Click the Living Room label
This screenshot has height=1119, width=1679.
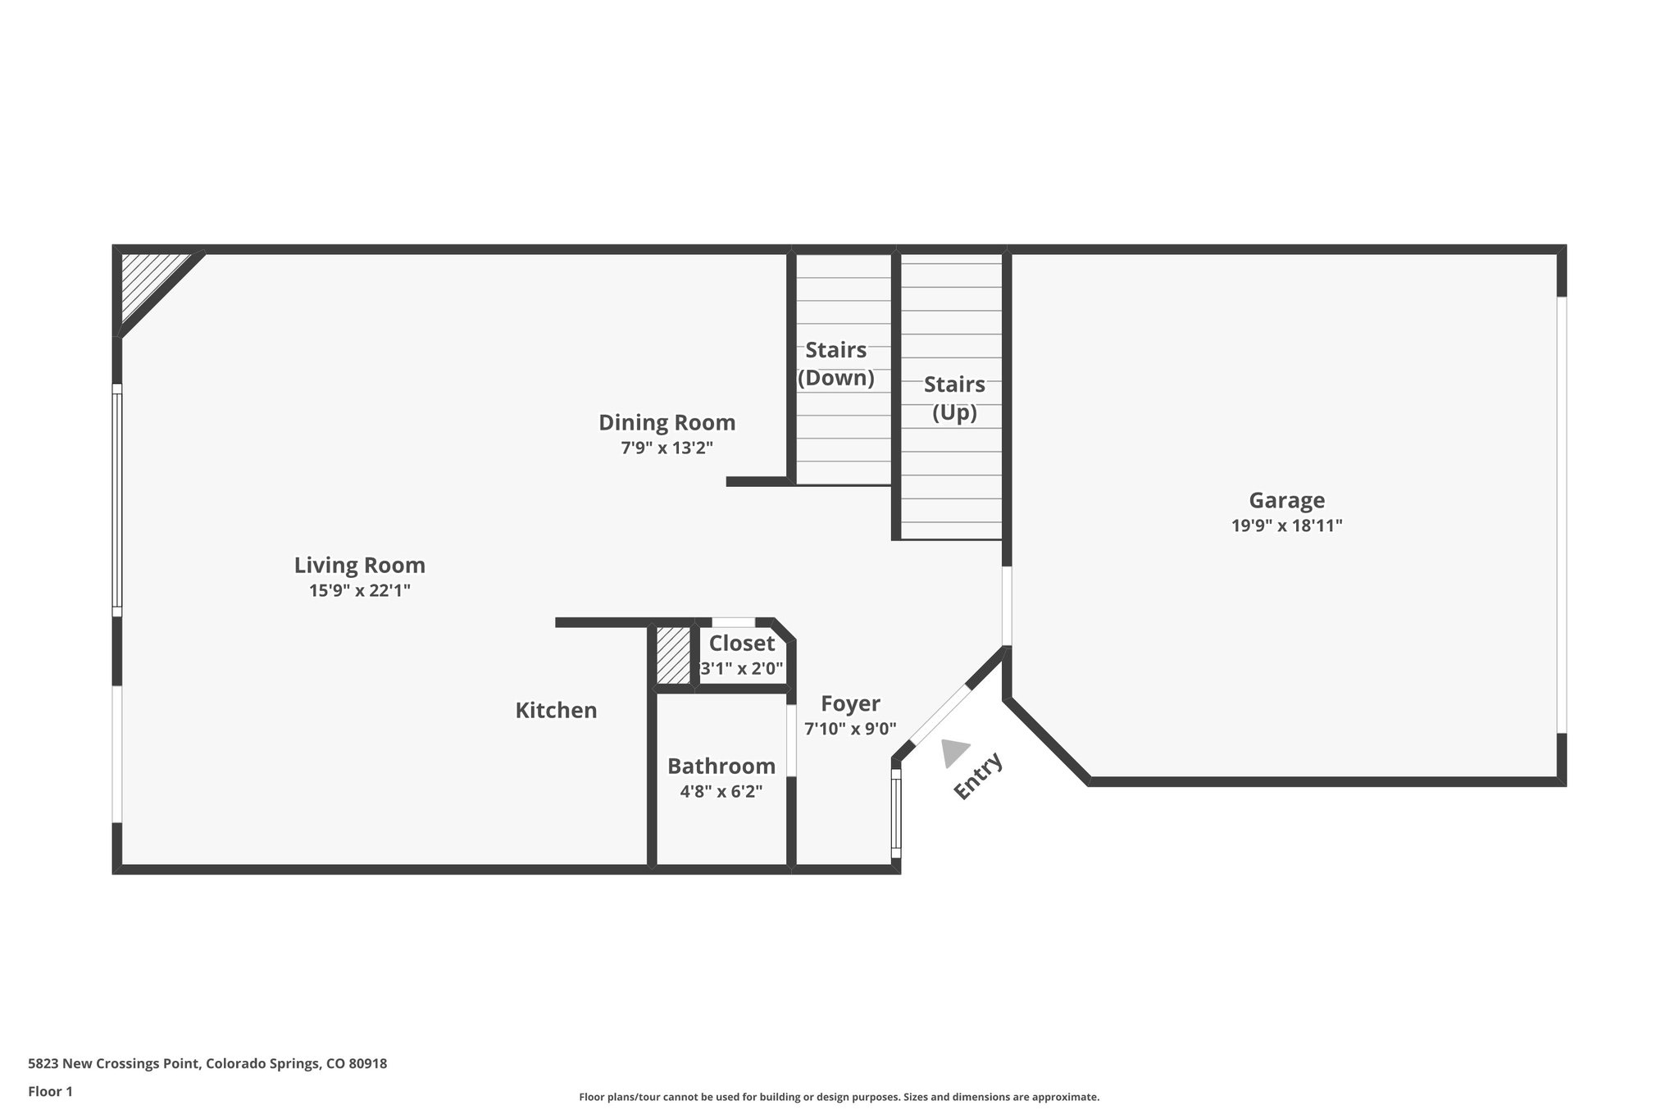pos(359,565)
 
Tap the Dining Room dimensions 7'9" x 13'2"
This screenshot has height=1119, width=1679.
pos(667,448)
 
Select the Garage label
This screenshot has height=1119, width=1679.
pos(1286,500)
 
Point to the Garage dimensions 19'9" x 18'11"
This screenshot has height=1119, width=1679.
pos(1286,525)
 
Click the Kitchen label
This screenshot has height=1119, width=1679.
pos(556,710)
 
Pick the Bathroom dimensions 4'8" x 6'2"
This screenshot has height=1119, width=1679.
pos(721,792)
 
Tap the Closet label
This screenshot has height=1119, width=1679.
pos(741,644)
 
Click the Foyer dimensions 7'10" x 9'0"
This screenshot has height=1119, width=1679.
pos(850,729)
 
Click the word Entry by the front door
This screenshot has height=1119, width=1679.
pos(978,776)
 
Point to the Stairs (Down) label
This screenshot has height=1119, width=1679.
pos(835,364)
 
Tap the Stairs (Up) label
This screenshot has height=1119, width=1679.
pos(954,398)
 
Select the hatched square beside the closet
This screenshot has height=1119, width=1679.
pos(673,655)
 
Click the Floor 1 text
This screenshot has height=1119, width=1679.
pos(50,1091)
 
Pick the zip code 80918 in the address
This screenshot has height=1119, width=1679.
pos(367,1064)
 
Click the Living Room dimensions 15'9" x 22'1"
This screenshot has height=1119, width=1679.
pos(359,590)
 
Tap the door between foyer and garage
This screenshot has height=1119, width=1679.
pos(1007,606)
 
